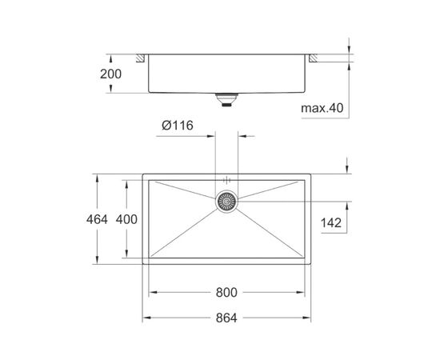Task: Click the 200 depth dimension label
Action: pos(111,74)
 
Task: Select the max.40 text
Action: pos(322,108)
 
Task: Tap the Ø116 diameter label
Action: pos(178,125)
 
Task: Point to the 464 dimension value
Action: pos(97,219)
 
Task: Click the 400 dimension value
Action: pos(126,219)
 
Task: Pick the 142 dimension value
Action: pos(331,222)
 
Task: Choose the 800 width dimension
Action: pos(226,293)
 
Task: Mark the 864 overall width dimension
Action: pos(226,318)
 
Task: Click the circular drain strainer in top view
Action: pos(226,201)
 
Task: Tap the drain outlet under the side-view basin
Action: pos(226,100)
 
